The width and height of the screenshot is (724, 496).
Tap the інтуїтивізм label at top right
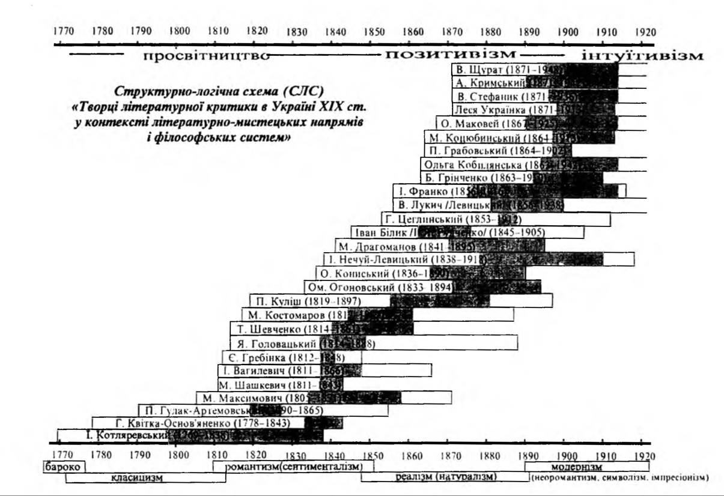point(642,56)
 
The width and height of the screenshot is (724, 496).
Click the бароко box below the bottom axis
point(63,467)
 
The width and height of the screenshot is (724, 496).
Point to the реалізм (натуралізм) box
point(445,477)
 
